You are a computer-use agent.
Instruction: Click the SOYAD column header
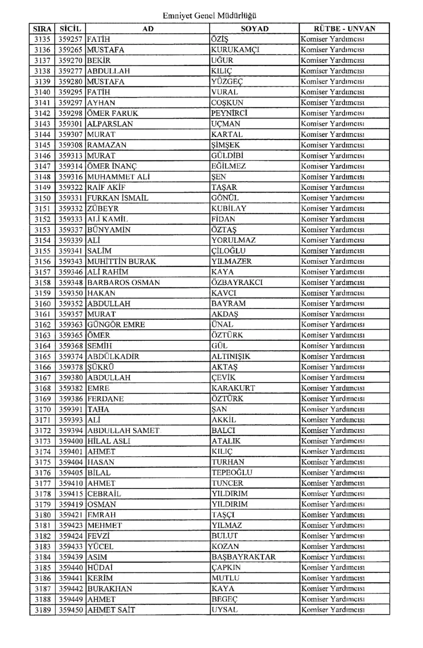tap(254, 29)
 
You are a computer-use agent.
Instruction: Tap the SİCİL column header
tap(71, 29)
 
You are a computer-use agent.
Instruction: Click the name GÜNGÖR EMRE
tap(116, 325)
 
